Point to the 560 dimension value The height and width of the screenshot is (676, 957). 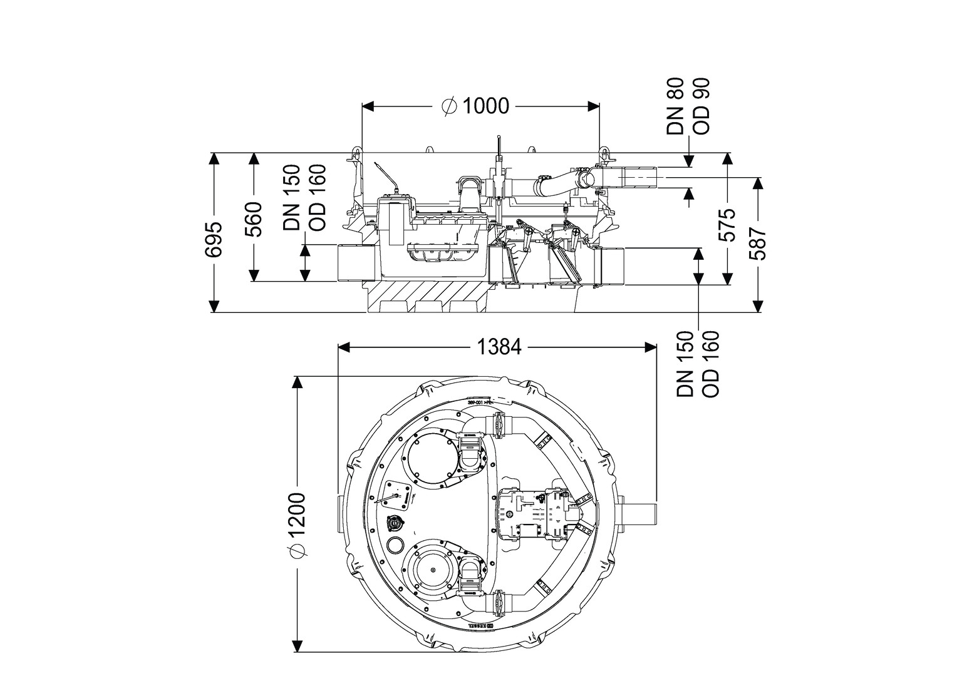point(254,220)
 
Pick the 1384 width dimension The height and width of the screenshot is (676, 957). point(499,346)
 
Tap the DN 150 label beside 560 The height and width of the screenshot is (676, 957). point(292,198)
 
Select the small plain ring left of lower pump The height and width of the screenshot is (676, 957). point(395,544)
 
